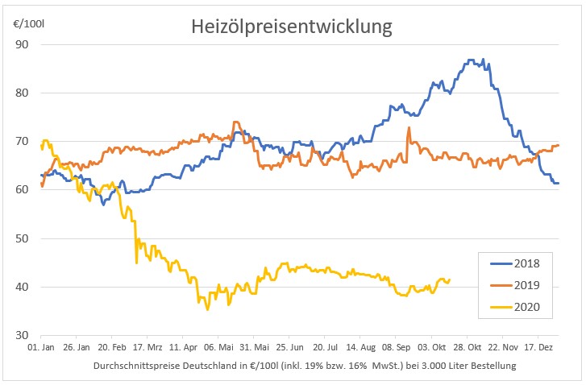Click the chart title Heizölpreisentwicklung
292,27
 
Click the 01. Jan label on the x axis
41,348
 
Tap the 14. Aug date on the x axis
359,348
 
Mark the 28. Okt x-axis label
466,348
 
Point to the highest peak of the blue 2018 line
472,60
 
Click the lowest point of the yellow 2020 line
207,309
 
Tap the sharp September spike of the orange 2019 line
409,127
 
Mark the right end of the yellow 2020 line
450,279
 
